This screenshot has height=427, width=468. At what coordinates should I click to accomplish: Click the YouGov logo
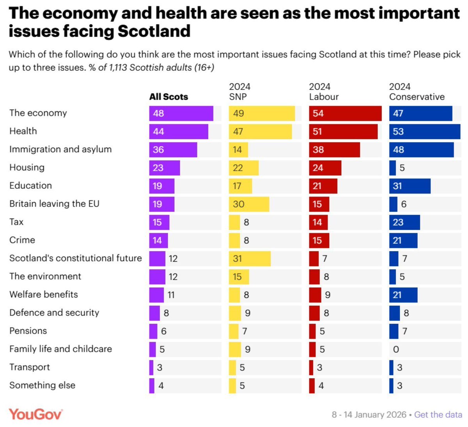tap(35, 414)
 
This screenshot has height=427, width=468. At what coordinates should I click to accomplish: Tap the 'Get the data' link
tap(438, 415)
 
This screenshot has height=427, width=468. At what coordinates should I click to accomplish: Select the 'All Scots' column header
tap(168, 97)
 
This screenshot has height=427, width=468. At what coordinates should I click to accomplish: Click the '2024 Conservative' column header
tap(417, 92)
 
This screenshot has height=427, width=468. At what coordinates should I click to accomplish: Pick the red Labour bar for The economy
tap(345, 113)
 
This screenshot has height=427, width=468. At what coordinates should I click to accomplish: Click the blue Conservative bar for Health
tap(424, 131)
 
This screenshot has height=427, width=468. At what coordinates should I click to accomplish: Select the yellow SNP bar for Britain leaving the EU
tap(249, 204)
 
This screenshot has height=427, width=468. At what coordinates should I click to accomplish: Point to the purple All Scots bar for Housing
tap(164, 168)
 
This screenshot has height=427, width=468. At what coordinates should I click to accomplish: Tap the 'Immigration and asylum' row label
tap(60, 149)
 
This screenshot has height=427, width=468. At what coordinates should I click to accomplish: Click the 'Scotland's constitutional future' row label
tap(75, 258)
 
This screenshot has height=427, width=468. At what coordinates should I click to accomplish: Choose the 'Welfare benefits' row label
tap(44, 294)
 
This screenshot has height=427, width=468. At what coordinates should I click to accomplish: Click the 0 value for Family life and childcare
tap(396, 349)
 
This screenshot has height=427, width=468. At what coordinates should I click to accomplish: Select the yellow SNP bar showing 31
tap(250, 259)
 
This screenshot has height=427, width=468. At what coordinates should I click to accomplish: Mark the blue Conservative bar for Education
tap(409, 186)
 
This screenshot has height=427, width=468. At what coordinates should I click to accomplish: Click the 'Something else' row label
tap(42, 385)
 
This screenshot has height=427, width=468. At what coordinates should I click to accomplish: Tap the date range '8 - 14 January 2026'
tap(369, 415)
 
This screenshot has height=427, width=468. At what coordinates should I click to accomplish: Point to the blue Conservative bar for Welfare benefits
tap(403, 295)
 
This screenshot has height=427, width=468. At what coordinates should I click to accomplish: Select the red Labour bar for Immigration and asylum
tap(334, 150)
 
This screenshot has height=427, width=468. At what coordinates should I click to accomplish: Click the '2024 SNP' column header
tap(239, 92)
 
